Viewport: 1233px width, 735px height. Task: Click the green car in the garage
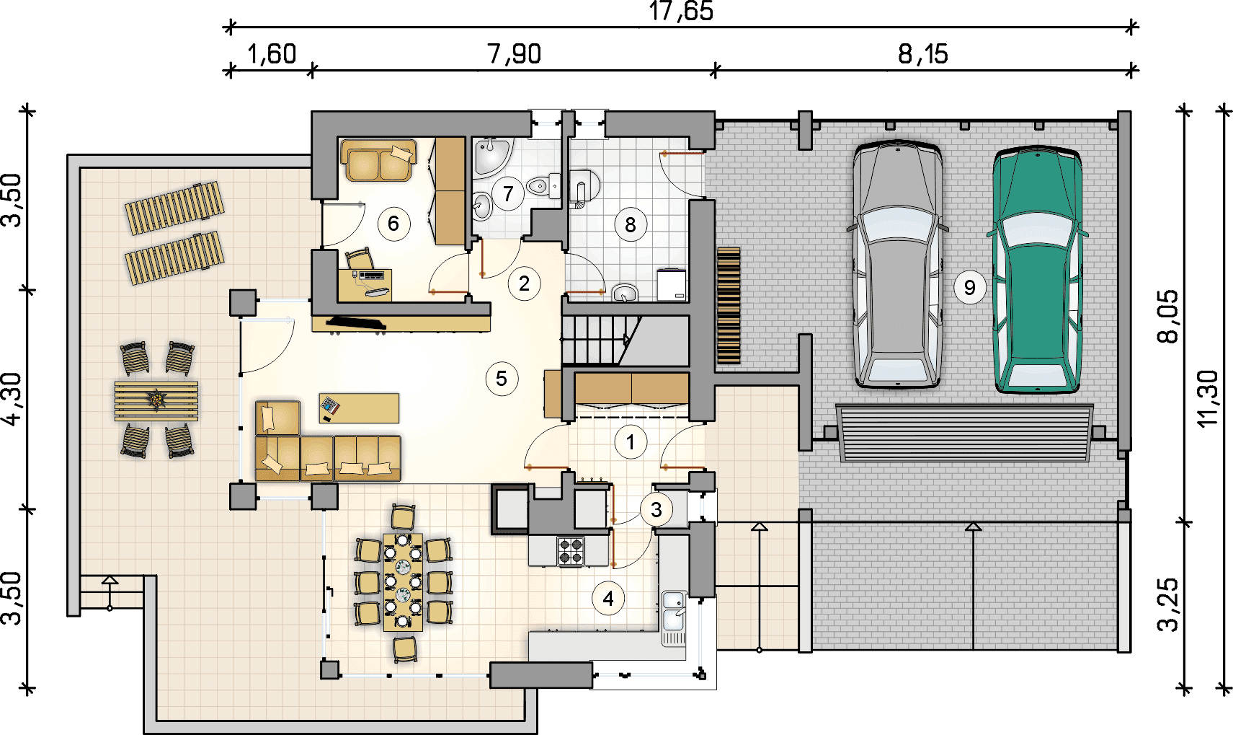click(1037, 270)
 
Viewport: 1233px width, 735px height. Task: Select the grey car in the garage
click(897, 265)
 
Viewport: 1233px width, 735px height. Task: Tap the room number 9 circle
click(970, 287)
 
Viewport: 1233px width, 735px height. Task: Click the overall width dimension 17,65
click(681, 11)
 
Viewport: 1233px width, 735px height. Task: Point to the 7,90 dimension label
click(514, 54)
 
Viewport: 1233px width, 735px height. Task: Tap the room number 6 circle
click(393, 224)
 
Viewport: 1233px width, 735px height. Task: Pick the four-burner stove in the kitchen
click(570, 551)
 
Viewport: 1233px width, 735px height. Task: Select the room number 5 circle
click(502, 379)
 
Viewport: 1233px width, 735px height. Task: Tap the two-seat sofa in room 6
click(378, 160)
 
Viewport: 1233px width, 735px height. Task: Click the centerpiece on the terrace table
click(157, 398)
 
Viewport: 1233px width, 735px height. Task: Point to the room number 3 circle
click(656, 510)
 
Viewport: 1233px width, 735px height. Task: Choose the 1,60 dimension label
click(272, 54)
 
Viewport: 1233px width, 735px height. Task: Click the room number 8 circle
click(631, 225)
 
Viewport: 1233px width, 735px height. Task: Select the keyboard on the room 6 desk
click(372, 274)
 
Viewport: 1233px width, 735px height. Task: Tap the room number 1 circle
click(631, 442)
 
